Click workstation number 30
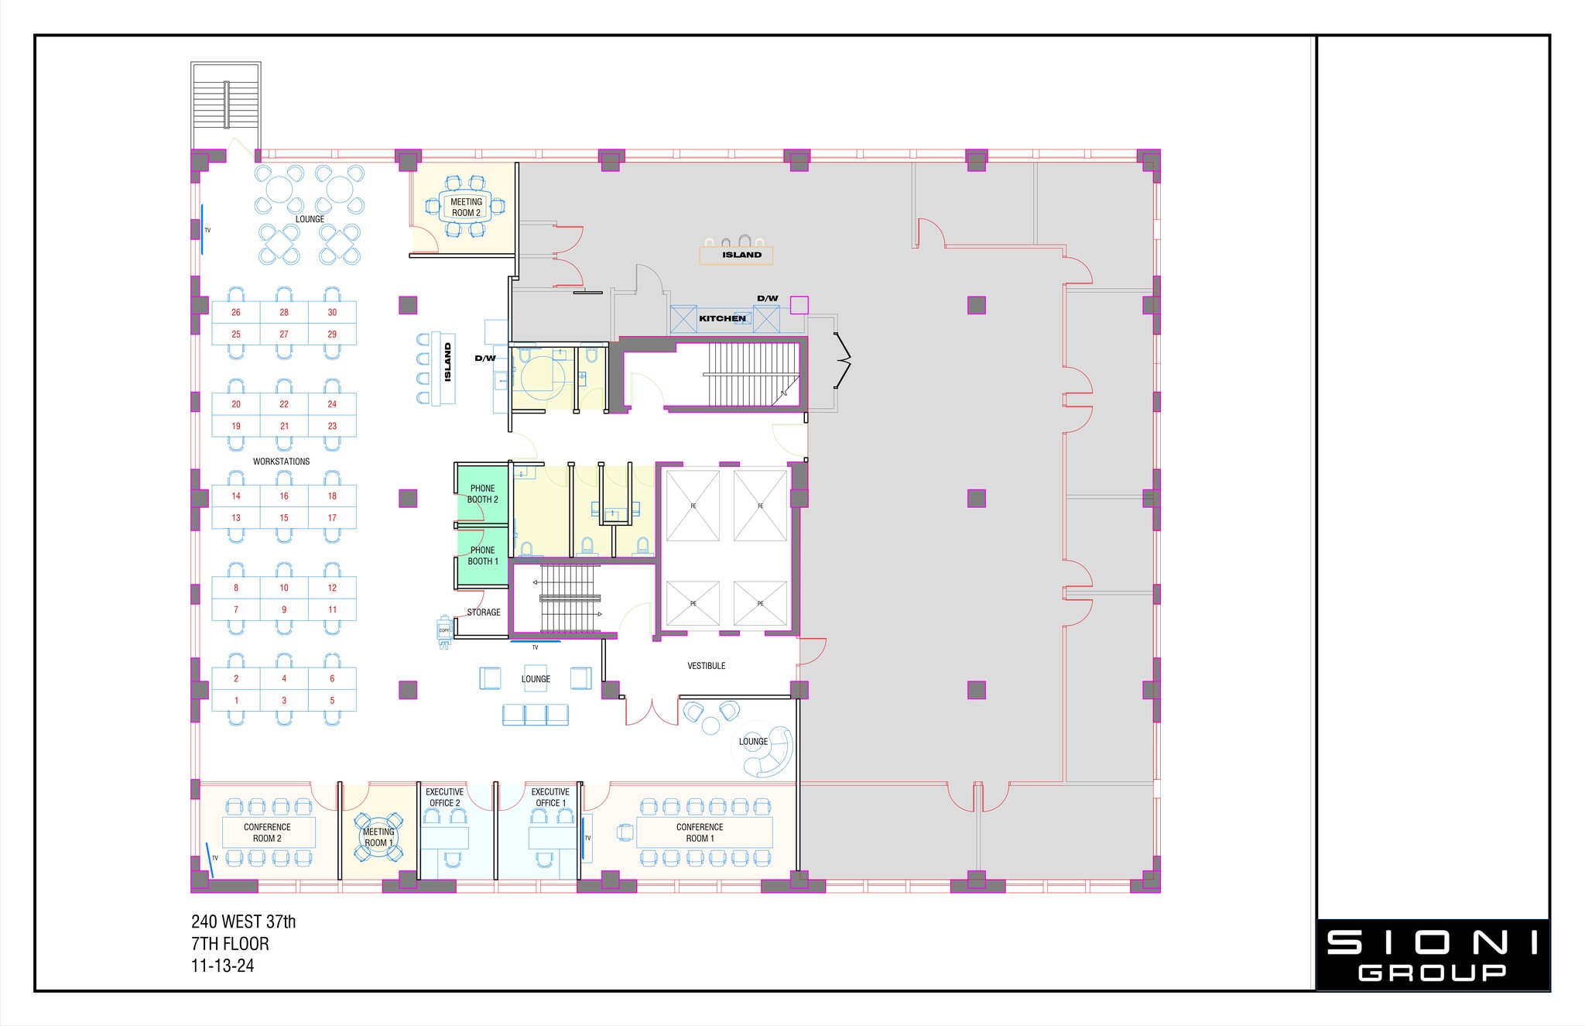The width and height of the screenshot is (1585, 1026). [332, 313]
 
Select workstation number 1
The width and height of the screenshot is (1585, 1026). [236, 701]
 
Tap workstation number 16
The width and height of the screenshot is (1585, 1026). [284, 496]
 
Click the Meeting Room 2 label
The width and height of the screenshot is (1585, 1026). [466, 208]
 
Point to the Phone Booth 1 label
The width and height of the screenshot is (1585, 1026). [482, 556]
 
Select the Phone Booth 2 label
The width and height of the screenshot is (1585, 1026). [482, 494]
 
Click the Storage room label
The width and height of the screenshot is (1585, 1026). [484, 613]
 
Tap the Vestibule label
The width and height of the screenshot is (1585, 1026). [706, 666]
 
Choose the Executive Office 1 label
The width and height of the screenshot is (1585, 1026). [550, 798]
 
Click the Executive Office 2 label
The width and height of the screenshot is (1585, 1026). [444, 798]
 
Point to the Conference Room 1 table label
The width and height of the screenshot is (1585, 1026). [700, 833]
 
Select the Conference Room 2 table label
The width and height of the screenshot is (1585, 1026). [267, 833]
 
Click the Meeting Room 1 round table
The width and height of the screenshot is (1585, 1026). [378, 838]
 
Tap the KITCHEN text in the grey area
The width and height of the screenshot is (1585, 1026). [722, 318]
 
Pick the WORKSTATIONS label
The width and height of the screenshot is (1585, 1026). [281, 462]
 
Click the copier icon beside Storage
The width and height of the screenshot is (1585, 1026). [444, 631]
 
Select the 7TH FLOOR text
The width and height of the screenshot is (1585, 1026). [230, 944]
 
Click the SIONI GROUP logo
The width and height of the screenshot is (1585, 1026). [1433, 955]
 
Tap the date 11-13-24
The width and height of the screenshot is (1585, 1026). [222, 966]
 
